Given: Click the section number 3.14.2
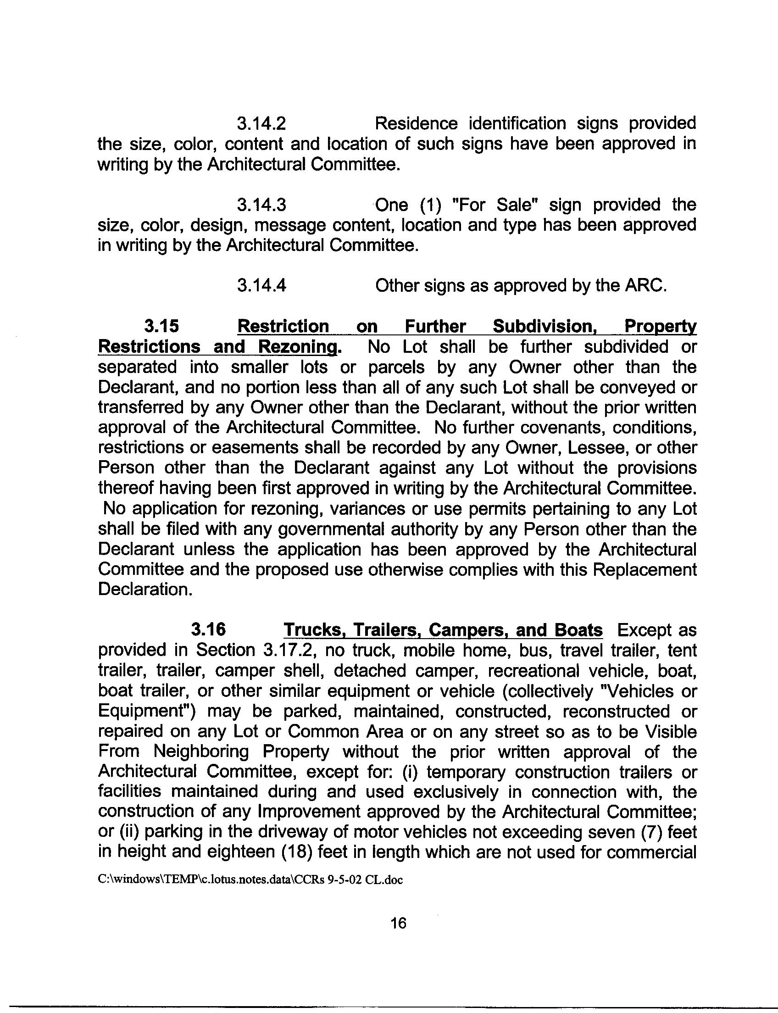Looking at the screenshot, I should [261, 124].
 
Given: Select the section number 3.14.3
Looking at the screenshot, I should [261, 205].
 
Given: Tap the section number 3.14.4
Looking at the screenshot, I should [261, 285].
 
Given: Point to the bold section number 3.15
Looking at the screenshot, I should [161, 326].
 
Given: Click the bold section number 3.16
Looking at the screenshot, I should [208, 629].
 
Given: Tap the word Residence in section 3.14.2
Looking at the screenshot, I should [416, 124].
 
